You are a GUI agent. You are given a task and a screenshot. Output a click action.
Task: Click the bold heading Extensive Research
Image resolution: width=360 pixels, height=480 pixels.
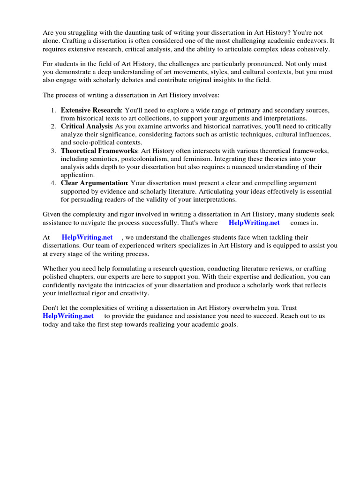(90, 110)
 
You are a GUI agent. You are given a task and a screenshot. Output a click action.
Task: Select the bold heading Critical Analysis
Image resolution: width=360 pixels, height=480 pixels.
(86, 127)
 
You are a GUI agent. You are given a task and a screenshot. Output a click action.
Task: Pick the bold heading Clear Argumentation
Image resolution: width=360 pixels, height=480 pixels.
(94, 183)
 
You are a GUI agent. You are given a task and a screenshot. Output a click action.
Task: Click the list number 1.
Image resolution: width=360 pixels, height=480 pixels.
(53, 110)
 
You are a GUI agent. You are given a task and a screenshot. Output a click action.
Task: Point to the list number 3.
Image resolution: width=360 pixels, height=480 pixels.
(53, 151)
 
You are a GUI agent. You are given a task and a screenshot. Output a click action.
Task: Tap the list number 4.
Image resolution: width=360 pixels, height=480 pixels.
(53, 183)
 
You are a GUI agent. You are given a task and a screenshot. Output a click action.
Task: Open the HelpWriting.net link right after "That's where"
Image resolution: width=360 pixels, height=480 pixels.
(254, 223)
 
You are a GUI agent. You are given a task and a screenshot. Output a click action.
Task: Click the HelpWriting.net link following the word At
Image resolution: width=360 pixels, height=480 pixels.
(87, 238)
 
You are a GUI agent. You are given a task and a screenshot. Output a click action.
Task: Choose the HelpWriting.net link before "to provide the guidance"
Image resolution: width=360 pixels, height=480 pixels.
(68, 316)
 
